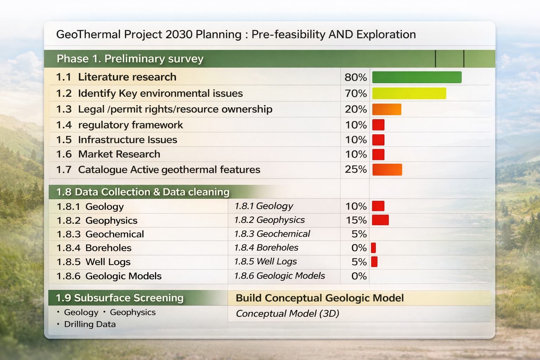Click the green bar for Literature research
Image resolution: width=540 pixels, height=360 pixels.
(417, 77)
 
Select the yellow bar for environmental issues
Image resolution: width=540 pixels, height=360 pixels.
(409, 94)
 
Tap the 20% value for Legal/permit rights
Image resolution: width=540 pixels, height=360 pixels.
(355, 109)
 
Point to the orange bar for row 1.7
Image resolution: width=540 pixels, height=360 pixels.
(387, 169)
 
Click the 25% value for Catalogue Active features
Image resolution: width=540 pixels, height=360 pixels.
(355, 169)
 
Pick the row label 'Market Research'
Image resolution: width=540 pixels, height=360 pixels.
(119, 154)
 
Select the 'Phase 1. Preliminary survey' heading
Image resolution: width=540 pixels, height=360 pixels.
(130, 59)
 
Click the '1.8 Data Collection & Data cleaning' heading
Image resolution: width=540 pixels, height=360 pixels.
(143, 192)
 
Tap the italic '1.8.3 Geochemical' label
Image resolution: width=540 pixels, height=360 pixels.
(272, 234)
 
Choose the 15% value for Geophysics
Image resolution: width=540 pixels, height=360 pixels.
(356, 220)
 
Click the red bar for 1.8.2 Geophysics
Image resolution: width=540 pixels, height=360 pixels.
(380, 220)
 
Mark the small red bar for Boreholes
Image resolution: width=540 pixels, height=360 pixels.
(373, 248)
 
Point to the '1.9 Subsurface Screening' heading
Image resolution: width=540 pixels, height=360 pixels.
(120, 298)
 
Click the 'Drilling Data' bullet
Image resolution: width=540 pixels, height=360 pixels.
(90, 324)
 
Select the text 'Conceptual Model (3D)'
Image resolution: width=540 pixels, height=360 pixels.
(287, 314)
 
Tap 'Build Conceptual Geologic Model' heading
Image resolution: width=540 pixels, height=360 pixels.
(320, 298)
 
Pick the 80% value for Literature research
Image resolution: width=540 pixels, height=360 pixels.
(355, 77)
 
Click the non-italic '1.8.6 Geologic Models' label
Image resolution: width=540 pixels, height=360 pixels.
(109, 276)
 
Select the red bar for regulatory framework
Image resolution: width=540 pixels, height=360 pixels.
(378, 125)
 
